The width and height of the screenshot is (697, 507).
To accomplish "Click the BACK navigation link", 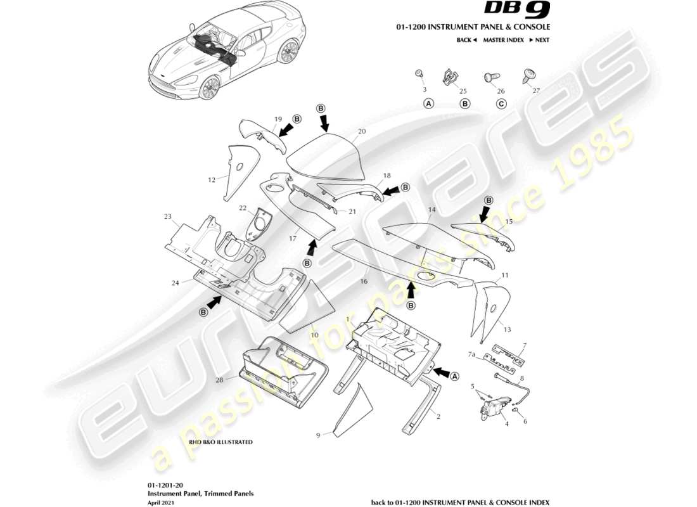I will point(466,40).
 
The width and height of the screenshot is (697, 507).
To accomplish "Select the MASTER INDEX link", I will point(503,40).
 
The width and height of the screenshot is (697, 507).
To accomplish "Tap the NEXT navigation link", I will point(540,40).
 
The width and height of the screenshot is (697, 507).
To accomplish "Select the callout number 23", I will point(167,217).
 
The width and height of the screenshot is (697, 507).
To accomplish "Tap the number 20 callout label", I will point(362,132).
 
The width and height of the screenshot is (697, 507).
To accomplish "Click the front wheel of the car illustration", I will point(209,87).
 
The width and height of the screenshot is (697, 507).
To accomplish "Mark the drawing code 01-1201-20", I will point(162,484).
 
